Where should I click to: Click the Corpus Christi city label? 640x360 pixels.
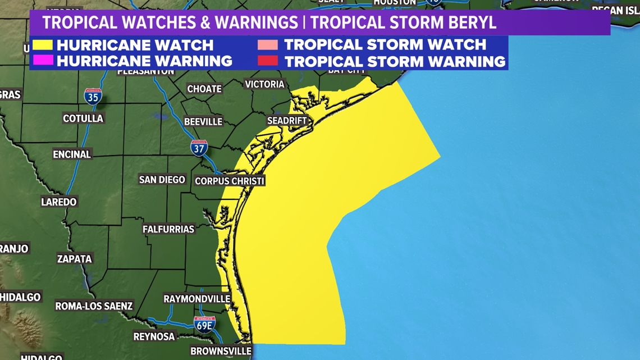pos(229,181)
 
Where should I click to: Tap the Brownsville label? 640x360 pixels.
pos(221,351)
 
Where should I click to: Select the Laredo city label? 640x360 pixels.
pos(59,202)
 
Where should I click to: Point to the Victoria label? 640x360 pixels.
pos(264,84)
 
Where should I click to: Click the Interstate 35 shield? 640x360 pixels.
pos(93,96)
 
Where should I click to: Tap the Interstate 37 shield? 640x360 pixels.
pos(199,148)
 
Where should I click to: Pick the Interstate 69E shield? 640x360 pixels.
pos(204,325)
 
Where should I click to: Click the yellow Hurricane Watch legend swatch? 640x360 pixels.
pos(42,44)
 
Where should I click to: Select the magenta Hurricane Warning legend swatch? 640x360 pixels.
pos(42,60)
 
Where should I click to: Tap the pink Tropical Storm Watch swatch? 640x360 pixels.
pos(268,44)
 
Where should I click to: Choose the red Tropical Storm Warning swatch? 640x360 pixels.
pos(268,60)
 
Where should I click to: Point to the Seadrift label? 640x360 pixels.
pos(287,121)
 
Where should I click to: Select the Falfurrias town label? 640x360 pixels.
pos(168,229)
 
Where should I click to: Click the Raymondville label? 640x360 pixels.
pos(196,299)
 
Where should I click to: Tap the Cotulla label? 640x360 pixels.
pos(83,119)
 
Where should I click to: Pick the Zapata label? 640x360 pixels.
pos(74,259)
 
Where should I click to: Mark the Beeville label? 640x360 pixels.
pos(203,121)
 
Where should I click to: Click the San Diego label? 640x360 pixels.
pos(162,180)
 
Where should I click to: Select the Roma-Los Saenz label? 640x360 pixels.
pos(94,306)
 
